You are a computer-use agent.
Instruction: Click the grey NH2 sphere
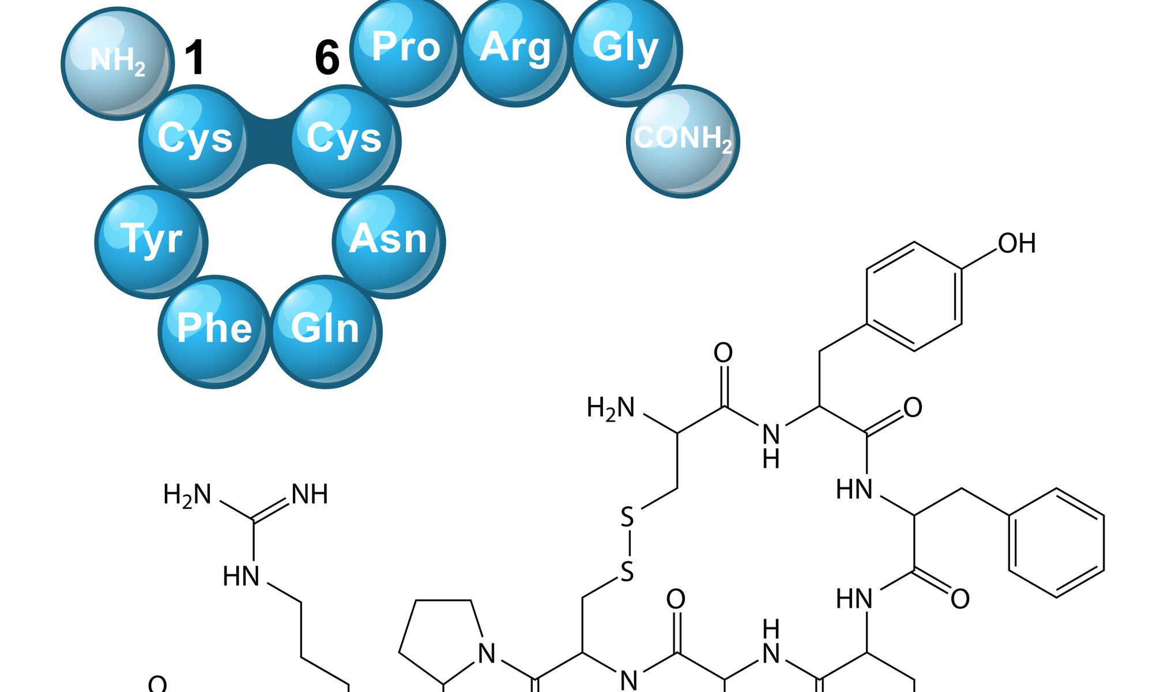[118, 63]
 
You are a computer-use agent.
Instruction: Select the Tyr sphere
[151, 242]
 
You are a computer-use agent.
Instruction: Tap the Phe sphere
[214, 332]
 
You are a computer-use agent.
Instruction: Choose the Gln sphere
[326, 332]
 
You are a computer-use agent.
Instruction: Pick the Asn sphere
[389, 242]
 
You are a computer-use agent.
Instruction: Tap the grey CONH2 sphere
[683, 141]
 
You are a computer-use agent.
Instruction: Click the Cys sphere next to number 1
[195, 141]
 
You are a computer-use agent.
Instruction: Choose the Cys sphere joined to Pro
[345, 141]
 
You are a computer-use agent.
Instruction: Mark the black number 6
[327, 58]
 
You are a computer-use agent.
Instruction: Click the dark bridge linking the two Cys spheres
[270, 141]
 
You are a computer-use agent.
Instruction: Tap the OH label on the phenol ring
[1017, 243]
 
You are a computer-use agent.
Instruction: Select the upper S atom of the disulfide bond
[627, 517]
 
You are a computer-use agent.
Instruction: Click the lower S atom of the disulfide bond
[627, 572]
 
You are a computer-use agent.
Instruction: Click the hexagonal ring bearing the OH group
[914, 296]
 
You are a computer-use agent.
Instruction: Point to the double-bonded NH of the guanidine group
[310, 495]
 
